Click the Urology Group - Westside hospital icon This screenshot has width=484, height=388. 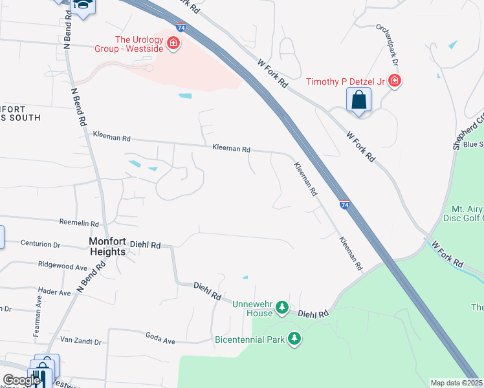point(173,44)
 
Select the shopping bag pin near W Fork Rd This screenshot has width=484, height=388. point(358,101)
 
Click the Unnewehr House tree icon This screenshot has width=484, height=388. point(281,307)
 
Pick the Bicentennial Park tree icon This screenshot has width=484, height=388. point(294,338)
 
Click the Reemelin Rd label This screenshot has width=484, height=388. point(80,222)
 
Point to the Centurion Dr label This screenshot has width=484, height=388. point(41,245)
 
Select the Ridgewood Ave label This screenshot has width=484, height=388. point(63,266)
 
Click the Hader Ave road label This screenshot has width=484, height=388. point(55,292)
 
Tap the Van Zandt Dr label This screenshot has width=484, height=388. point(81,341)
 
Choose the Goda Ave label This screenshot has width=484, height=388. point(161,339)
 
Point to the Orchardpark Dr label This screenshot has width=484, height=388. point(386,44)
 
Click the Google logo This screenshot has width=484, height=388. point(21,380)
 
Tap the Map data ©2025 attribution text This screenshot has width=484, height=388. point(457,383)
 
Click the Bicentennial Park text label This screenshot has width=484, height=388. point(249,339)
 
